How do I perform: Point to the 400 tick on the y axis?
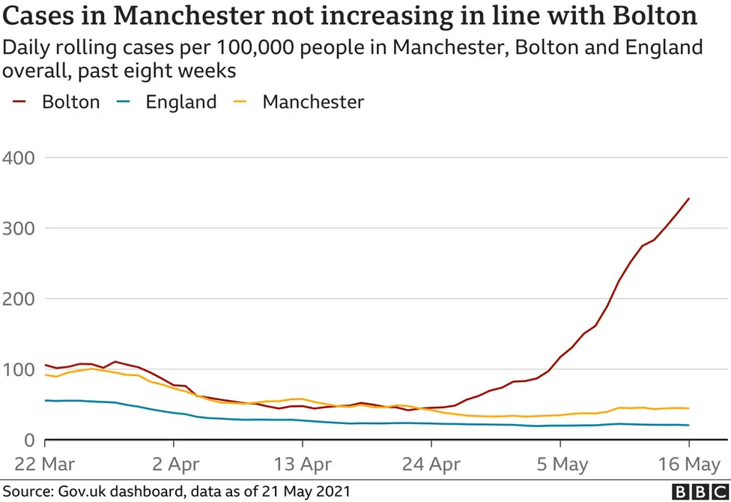20,158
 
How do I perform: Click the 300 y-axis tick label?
20,229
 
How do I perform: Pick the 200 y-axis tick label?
20,299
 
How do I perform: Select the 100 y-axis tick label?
20,369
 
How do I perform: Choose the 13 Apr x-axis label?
303,465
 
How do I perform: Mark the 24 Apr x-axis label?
432,465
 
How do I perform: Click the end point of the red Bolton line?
688,199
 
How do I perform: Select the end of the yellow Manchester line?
688,408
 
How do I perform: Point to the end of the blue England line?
688,426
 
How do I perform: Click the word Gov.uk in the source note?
81,491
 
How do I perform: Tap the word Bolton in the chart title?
650,16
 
